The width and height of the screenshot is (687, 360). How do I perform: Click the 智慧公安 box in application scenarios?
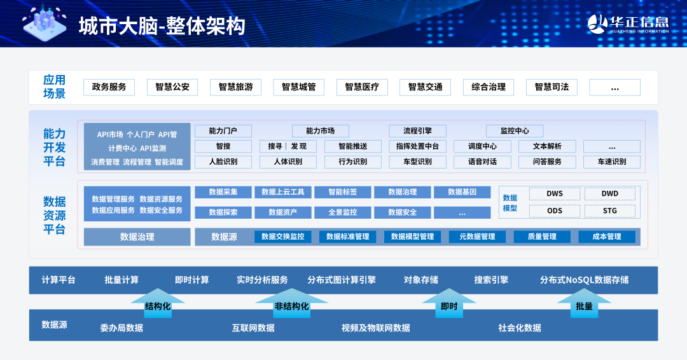pos(172,87)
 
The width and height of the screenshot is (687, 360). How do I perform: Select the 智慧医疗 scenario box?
pos(362,87)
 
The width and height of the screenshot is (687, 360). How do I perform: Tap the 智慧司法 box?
pos(552,87)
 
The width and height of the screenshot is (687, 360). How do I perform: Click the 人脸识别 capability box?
pos(223,162)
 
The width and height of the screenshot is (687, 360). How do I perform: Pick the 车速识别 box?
pos(612,162)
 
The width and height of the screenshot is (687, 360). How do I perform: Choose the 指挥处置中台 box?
pos(417,146)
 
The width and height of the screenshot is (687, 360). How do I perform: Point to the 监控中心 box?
pos(515,131)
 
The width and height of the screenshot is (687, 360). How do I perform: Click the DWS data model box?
pos(555,193)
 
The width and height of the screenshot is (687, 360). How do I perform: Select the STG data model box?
pos(610,211)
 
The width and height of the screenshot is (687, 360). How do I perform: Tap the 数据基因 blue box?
pos(462,192)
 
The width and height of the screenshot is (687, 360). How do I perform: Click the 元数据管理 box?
pos(477,237)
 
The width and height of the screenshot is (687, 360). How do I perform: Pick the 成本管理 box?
pos(607,237)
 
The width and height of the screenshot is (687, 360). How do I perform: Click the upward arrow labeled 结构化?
pos(158,303)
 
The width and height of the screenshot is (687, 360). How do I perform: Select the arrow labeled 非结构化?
pos(291,303)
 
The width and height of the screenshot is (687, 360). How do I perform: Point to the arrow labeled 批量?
pos(584,303)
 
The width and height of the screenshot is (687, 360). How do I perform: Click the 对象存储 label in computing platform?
pos(420,280)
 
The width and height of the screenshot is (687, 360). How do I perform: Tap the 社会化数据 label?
pos(520,328)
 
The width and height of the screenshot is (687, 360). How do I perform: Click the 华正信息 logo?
pos(628,24)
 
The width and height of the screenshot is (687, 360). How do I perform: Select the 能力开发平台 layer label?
pos(54,148)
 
